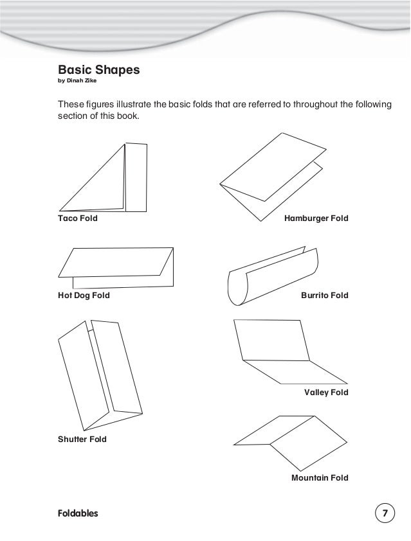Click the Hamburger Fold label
click(316, 218)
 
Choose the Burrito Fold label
click(324, 296)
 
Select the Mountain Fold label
click(320, 478)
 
